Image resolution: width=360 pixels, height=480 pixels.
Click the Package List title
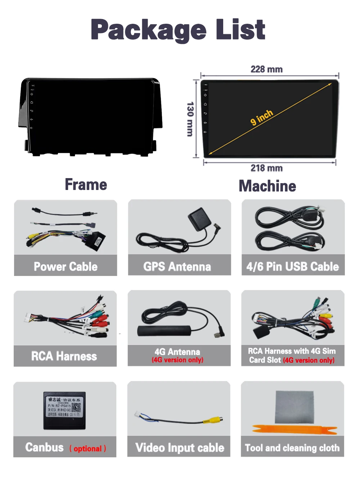click(178, 30)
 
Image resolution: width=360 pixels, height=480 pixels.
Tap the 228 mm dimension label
click(266, 69)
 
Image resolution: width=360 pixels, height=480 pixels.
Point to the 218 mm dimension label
click(266, 168)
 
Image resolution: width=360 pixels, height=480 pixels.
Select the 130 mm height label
click(190, 119)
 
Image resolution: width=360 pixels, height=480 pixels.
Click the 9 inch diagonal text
click(262, 117)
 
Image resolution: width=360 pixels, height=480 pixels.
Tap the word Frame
click(86, 185)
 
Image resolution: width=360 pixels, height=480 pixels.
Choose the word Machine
click(267, 186)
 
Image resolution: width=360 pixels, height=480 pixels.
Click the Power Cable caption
click(66, 267)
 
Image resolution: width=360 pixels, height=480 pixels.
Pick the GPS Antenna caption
click(177, 267)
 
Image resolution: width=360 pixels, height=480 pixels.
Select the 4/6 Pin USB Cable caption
click(293, 267)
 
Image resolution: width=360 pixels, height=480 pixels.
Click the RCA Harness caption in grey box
click(64, 356)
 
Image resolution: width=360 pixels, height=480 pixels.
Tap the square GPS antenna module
click(198, 219)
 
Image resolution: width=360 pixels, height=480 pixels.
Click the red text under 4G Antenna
click(177, 360)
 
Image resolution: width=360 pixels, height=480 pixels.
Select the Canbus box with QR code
click(64, 410)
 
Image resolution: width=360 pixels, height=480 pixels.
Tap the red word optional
click(87, 449)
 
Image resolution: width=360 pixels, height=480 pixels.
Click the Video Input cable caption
click(180, 448)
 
